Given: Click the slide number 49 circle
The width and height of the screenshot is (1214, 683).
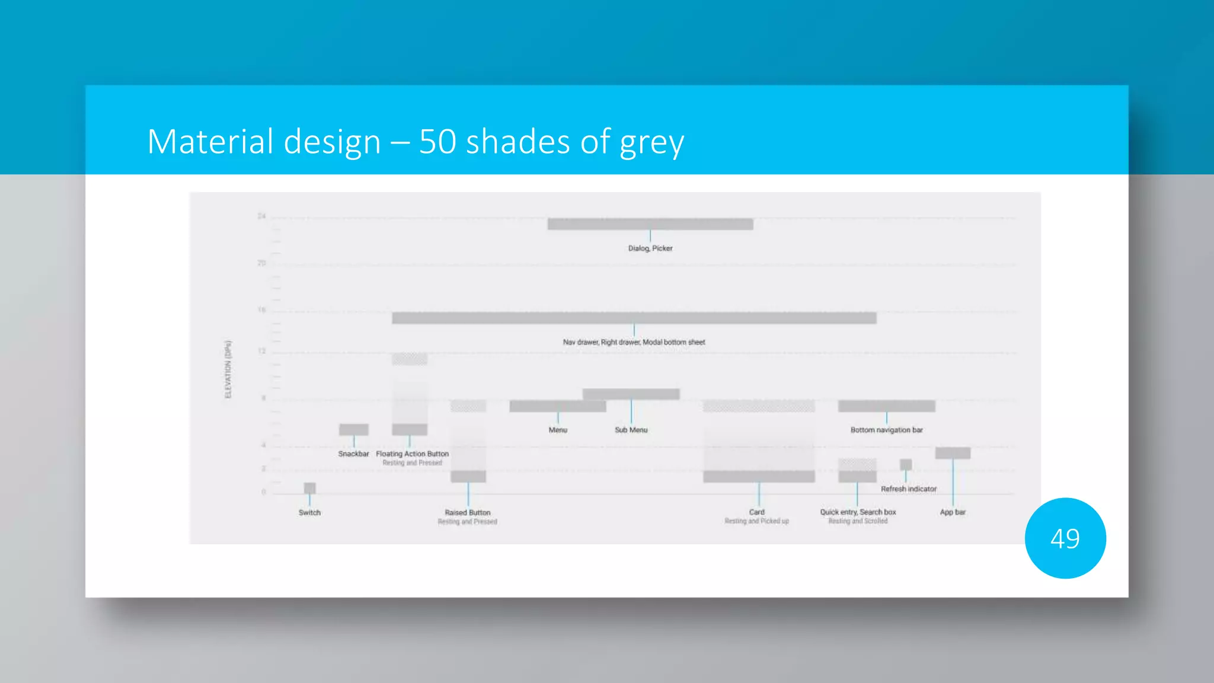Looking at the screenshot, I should point(1065,538).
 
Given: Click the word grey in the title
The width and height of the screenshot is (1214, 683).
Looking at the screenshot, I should point(651,143).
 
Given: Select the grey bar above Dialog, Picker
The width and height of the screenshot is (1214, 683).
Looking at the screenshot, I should point(650,224).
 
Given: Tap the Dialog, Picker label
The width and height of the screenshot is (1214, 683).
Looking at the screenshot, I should point(650,248).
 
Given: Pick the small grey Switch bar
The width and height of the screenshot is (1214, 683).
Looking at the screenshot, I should point(309,488).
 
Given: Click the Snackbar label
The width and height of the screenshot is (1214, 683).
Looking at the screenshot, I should point(353,454).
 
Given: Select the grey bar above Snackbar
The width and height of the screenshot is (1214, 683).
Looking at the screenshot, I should point(353,429).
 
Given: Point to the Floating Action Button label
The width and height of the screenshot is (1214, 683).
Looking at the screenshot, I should point(412,454).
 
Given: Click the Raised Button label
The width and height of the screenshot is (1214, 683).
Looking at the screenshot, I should point(467,512).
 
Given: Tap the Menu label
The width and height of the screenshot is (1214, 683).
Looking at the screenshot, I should point(557,430).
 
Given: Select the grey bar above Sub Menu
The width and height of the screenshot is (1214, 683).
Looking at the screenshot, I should point(631,394).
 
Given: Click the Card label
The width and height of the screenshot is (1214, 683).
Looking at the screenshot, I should point(756,512).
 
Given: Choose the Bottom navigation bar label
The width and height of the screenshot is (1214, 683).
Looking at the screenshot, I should point(886,430).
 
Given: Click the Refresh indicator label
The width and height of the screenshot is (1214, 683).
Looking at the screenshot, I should point(908,489).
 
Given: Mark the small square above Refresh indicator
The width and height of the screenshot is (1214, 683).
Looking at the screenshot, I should point(905,464).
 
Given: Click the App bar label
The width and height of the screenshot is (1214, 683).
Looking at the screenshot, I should point(952,512).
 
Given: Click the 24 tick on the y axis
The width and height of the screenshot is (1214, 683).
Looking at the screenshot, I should point(261,216).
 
